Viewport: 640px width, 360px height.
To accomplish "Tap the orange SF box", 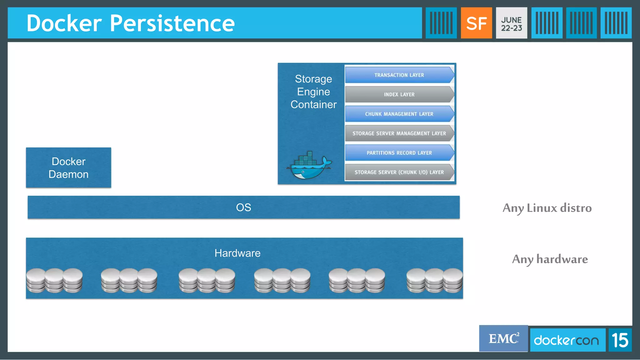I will point(476,23).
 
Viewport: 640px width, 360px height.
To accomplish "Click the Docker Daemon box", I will point(68,168).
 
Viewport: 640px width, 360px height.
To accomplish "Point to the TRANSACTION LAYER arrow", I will point(399,75).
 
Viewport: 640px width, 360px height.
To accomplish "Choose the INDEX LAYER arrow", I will point(399,94).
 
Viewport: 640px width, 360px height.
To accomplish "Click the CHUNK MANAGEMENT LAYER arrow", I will point(399,114).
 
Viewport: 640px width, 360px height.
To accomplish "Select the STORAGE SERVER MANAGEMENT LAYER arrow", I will point(399,133).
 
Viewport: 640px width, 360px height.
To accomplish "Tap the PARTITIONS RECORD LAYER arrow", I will point(399,153).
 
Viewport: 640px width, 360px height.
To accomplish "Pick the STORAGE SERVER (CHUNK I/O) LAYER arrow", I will point(399,172).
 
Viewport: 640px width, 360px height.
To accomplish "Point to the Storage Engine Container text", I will point(313,92).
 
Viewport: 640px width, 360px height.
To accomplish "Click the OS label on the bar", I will point(243,207).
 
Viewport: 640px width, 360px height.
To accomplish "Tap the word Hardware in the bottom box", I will point(237,253).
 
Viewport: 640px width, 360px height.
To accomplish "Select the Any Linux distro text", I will point(547,208).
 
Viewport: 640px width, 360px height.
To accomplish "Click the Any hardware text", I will point(550,259).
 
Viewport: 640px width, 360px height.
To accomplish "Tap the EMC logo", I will point(503,339).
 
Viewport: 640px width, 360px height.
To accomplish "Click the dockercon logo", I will point(566,340).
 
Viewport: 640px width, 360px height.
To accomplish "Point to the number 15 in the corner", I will point(620,340).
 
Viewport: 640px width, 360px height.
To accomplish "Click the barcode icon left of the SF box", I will point(441,23).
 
